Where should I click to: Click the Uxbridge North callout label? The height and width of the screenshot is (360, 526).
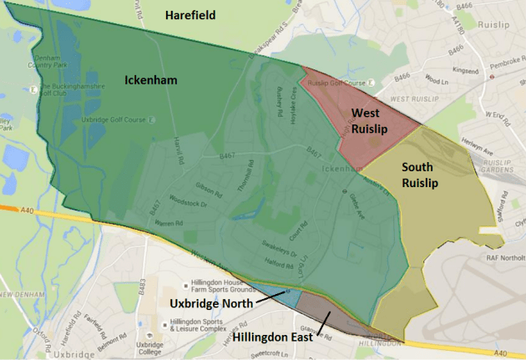coord(210,304)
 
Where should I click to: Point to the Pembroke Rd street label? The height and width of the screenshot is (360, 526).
coord(496,64)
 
